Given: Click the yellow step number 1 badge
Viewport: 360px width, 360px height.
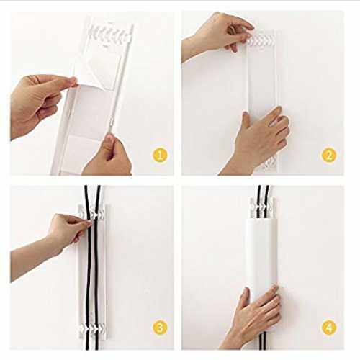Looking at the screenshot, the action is (160, 155).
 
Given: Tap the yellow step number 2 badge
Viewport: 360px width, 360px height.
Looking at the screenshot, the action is (329, 155).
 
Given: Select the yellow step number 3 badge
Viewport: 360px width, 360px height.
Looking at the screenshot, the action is (160, 328).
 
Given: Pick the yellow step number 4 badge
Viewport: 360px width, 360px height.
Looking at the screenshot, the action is (329, 328).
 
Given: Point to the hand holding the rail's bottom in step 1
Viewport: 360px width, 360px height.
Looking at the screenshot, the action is (108, 156).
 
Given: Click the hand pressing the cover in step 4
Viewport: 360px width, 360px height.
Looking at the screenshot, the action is (254, 317).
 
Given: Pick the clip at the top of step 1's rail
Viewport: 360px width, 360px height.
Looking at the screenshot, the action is (110, 35).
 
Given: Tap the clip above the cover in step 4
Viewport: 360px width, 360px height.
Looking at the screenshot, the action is (262, 207).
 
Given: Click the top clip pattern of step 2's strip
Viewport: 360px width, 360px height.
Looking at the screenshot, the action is (261, 40).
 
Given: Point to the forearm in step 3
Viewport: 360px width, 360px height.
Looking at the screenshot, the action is (31, 261).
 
